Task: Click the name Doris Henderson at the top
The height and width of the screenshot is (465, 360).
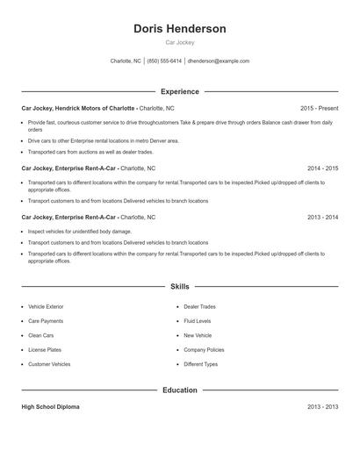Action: point(180,29)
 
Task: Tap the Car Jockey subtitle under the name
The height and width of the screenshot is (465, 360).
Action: point(180,42)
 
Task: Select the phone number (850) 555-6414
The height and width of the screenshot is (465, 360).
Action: point(164,61)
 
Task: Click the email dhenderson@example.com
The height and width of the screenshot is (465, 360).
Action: point(219,61)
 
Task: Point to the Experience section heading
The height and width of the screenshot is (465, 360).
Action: point(180,91)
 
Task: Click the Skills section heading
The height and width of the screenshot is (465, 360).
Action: point(180,286)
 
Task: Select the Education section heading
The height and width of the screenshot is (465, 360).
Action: point(180,390)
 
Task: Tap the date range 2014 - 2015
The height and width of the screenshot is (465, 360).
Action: point(323,167)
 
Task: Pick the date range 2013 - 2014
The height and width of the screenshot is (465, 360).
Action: point(323,216)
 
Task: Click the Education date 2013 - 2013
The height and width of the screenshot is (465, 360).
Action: point(323,407)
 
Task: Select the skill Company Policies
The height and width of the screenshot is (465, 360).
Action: point(204,349)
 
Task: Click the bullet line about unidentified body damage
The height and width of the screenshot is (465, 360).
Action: point(80,232)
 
